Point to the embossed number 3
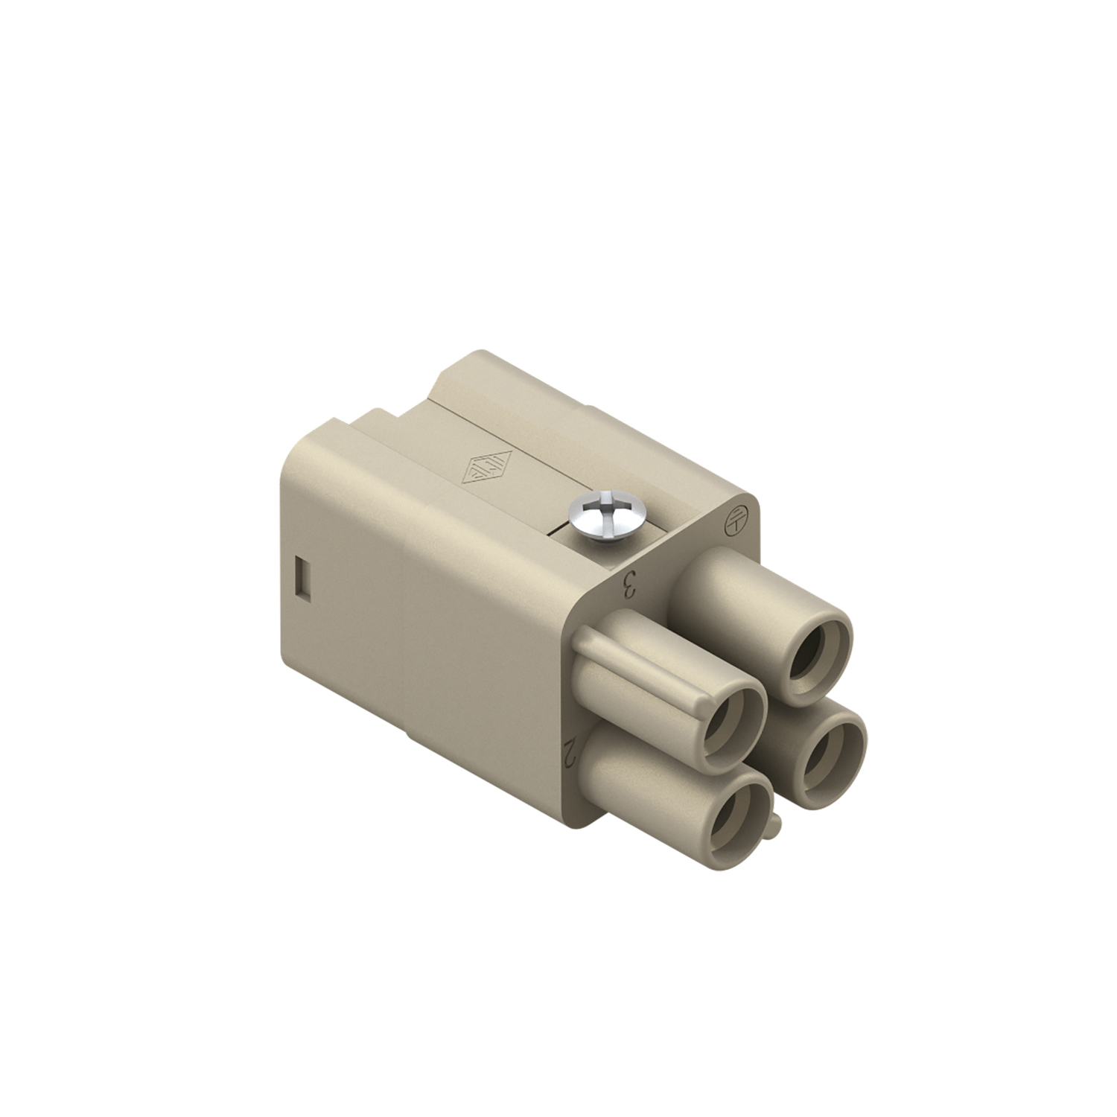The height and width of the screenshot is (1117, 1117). pyautogui.click(x=629, y=586)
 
